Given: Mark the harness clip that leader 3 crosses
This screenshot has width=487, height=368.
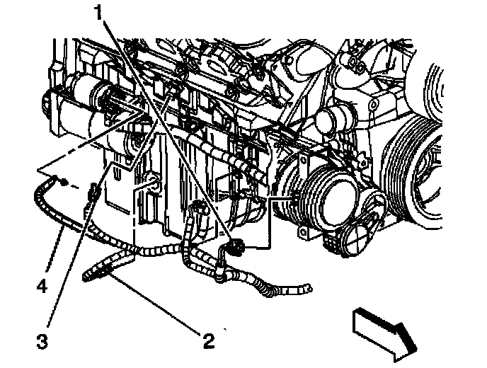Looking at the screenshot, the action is point(91,193).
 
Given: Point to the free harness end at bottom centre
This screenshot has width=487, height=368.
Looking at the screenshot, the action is point(301,289).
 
